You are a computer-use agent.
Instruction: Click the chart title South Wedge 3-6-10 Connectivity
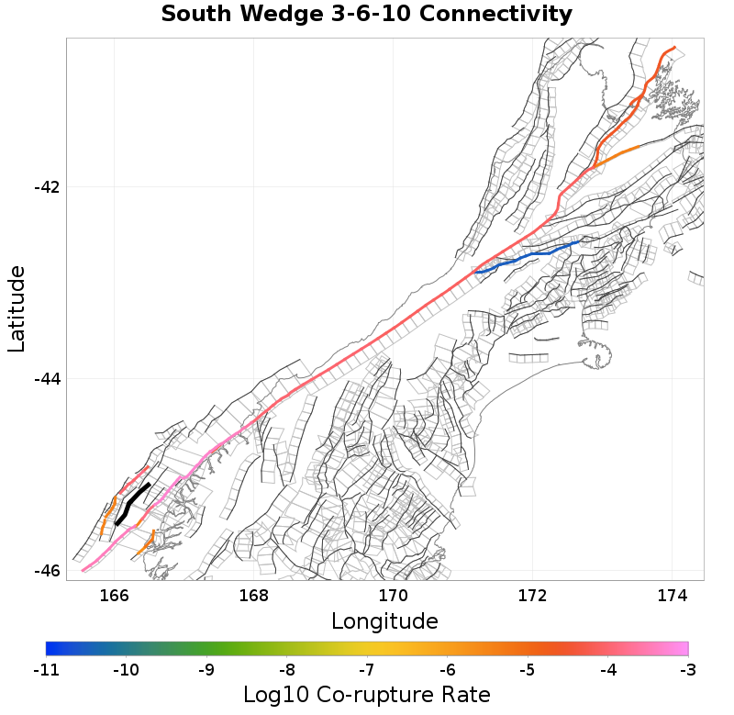tap(366, 15)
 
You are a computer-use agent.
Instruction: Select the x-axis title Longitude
tap(384, 621)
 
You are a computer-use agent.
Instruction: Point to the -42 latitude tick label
tap(47, 187)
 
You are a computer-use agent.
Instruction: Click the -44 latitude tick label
tap(47, 378)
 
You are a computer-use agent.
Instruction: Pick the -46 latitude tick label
tap(47, 570)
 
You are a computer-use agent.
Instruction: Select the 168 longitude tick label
tap(254, 596)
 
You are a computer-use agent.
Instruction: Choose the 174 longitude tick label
tap(673, 596)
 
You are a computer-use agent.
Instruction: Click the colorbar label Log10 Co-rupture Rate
tap(366, 694)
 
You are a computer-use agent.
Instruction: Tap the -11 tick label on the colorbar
tap(45, 669)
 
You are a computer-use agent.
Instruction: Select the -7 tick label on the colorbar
tap(366, 669)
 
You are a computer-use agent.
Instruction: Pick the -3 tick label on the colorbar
tap(687, 669)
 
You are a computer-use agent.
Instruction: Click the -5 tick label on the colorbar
tap(527, 669)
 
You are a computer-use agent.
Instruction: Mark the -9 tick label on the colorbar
tap(206, 669)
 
